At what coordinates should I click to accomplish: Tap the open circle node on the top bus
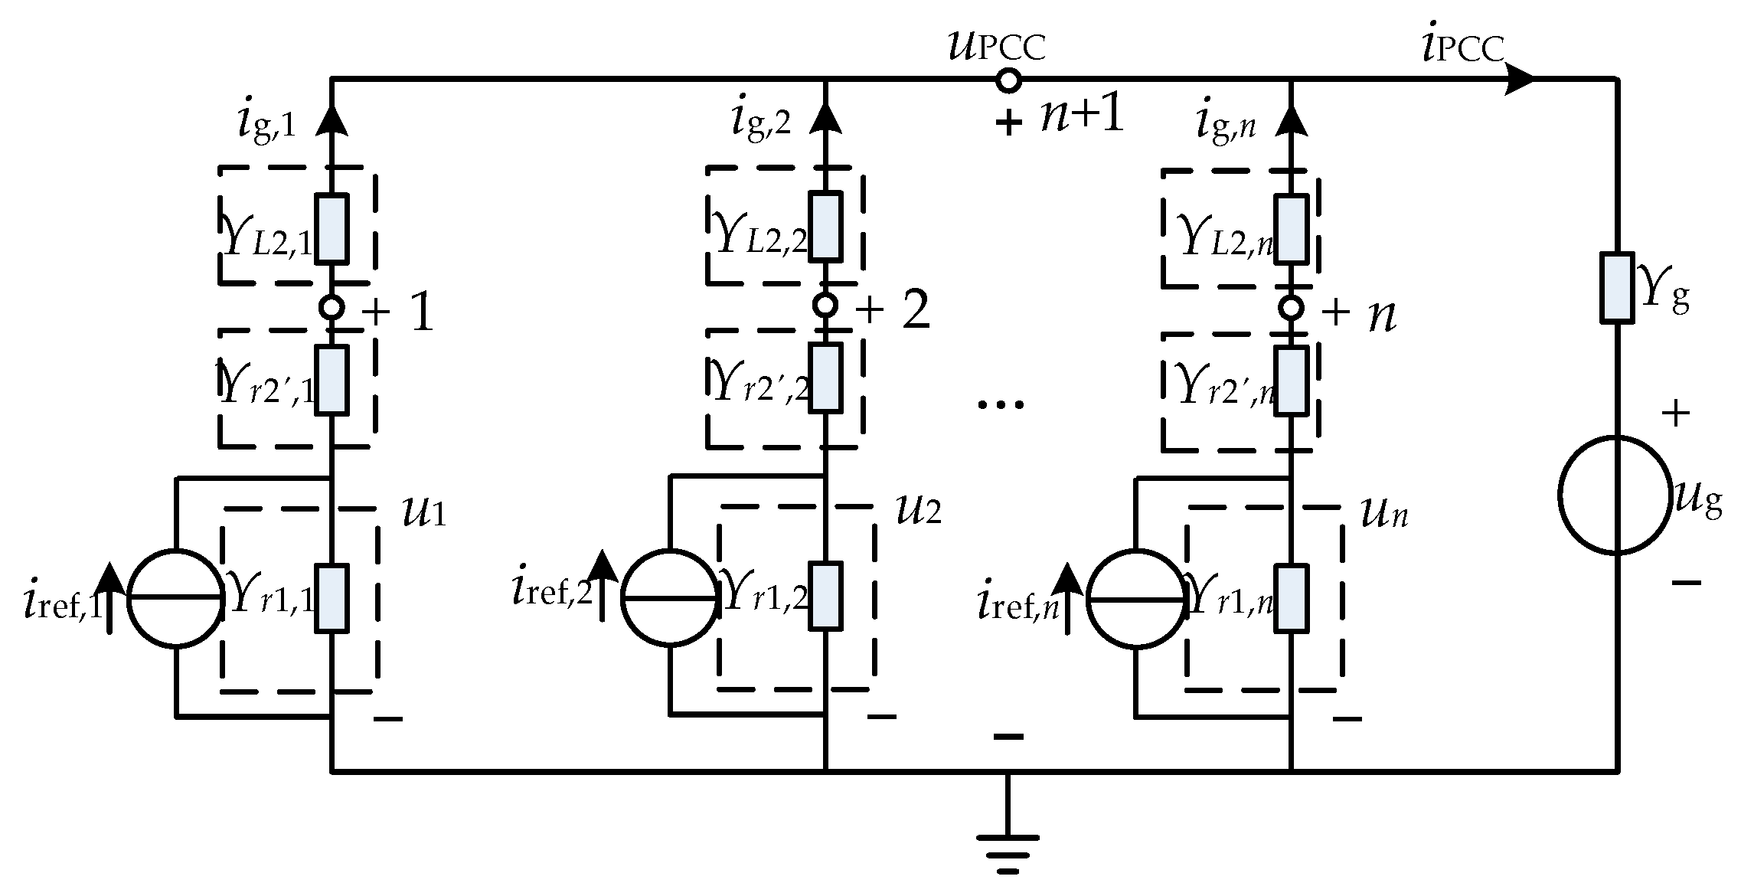(x=1008, y=80)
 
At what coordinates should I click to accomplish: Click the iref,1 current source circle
(x=176, y=598)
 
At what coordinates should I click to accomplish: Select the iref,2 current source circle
(x=671, y=598)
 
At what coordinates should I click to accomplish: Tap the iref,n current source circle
(x=1136, y=598)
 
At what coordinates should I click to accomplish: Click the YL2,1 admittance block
(x=332, y=228)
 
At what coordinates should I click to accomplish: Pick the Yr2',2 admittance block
(x=825, y=378)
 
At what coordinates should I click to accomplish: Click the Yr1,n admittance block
(x=1291, y=598)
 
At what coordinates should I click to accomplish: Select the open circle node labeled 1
(x=332, y=308)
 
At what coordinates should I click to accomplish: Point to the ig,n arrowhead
(x=1291, y=119)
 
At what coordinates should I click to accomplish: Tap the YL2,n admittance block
(x=1291, y=228)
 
